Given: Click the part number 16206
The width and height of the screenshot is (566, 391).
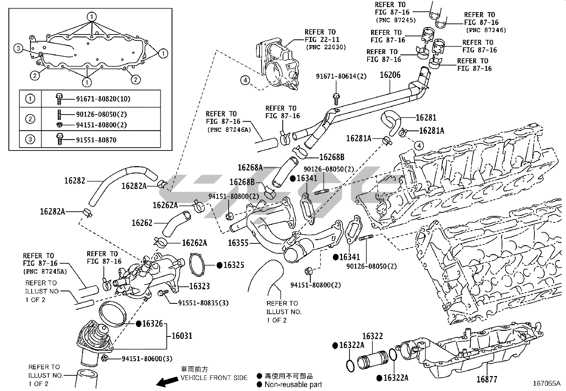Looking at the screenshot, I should [x=390, y=75].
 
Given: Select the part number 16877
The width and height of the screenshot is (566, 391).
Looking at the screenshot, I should [x=487, y=379].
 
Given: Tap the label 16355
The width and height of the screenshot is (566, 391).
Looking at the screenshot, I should [x=238, y=243].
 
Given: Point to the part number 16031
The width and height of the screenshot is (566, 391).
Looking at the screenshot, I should [x=182, y=335].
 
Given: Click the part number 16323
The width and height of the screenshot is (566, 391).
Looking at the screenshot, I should [x=199, y=286].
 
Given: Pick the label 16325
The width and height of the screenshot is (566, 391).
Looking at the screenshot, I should [x=234, y=265].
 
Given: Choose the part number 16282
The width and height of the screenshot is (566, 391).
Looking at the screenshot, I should [x=75, y=181].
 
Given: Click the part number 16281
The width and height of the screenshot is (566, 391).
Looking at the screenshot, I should [x=426, y=118].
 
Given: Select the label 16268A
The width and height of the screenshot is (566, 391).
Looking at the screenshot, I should [x=250, y=168].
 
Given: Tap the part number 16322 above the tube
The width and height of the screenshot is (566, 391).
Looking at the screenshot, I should [x=373, y=336].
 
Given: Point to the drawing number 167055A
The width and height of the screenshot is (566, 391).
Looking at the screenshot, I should [x=546, y=384].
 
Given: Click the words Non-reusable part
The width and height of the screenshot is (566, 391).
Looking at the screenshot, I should [x=293, y=384].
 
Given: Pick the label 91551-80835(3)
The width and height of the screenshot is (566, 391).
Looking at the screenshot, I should [x=203, y=303].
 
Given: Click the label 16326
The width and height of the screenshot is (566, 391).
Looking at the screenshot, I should [x=153, y=324].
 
